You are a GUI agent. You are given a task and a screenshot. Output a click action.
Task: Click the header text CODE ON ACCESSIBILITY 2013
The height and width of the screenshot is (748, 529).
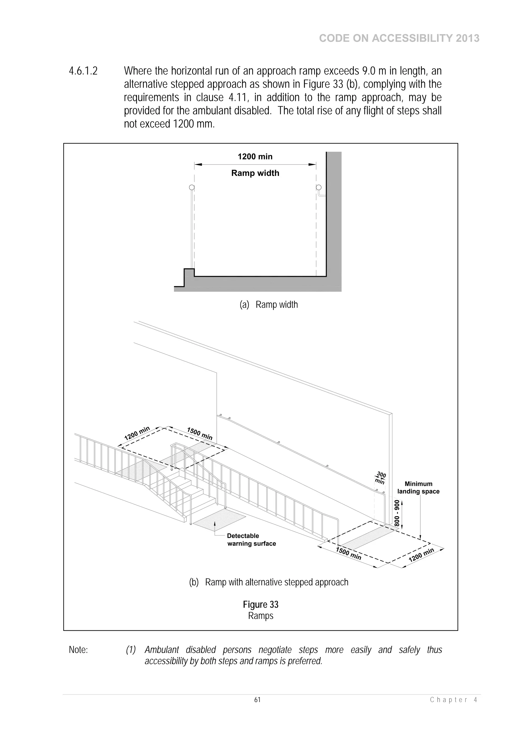coord(399,38)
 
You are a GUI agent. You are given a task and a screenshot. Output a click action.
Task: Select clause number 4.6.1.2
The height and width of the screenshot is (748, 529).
coord(83,71)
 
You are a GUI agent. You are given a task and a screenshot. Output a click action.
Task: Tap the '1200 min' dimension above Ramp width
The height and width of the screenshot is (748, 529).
coord(255,157)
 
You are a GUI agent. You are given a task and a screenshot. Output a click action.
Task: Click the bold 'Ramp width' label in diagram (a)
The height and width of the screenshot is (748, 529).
coord(255,173)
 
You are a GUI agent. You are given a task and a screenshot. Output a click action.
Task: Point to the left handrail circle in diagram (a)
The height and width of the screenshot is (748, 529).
coord(192,187)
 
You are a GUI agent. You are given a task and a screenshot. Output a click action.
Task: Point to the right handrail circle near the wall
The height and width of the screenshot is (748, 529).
coord(319,187)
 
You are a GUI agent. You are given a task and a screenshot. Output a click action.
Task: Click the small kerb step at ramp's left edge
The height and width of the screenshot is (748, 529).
coord(189,273)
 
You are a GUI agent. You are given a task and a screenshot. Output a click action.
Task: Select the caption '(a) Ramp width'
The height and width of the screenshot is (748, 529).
coord(269,305)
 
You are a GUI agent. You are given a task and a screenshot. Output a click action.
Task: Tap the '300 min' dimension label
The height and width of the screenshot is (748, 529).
coord(380,478)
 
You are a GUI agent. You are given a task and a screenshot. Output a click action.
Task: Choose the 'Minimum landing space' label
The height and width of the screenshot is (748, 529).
coord(418,488)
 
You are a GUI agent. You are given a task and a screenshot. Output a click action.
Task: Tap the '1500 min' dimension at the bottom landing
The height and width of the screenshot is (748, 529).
coord(348,554)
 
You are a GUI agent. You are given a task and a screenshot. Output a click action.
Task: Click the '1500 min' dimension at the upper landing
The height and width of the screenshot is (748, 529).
coord(199,434)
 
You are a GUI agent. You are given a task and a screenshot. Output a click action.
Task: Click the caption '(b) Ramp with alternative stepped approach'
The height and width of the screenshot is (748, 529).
coord(269,582)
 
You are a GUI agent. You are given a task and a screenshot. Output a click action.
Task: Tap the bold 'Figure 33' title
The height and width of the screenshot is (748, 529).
coord(260,605)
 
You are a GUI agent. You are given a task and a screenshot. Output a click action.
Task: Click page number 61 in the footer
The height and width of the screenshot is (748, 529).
coord(258,700)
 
